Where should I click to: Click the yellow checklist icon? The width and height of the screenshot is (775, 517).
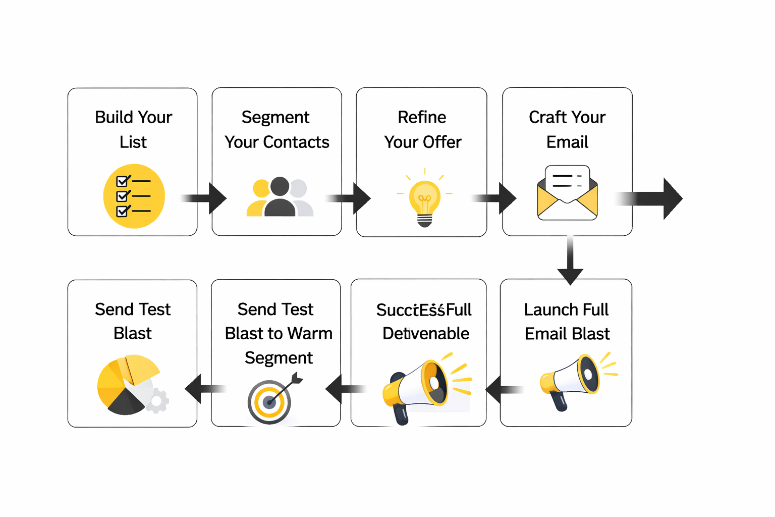[134, 196]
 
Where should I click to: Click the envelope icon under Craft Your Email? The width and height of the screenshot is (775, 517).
[567, 193]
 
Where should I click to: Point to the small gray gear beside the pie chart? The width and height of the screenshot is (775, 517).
[157, 401]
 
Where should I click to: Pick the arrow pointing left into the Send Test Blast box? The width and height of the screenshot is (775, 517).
[204, 389]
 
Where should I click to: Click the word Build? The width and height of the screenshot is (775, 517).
[114, 117]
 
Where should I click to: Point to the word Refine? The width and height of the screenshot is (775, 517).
[422, 117]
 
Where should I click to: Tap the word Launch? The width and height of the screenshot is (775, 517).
[544, 309]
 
